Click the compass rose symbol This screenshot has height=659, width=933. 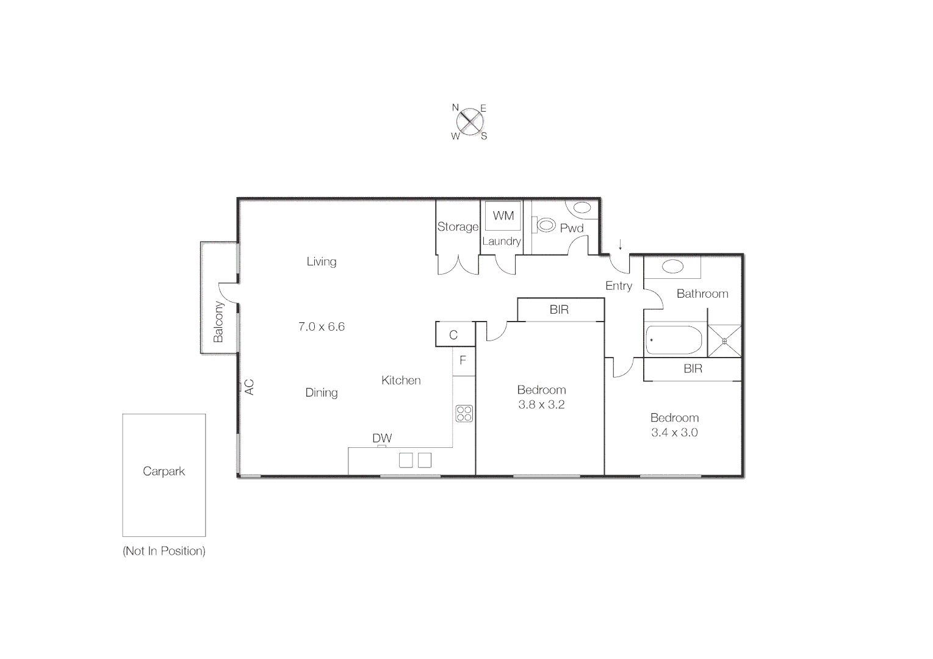469,122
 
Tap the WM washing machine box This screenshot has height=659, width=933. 503,215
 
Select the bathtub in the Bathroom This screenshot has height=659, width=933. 674,340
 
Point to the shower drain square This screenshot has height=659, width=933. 724,341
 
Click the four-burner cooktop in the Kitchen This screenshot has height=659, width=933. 464,413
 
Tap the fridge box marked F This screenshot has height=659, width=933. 463,361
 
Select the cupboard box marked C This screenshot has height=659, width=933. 453,334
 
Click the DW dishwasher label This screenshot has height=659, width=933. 382,438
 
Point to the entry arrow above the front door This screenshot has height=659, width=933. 621,245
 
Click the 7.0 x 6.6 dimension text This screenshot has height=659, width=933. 322,326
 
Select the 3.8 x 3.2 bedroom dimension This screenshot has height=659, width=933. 541,405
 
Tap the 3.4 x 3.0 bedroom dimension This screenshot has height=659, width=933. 674,433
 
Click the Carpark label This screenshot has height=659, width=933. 164,471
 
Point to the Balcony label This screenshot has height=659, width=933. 218,322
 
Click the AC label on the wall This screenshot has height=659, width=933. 249,387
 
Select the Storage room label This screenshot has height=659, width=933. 458,226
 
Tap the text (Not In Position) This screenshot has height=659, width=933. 164,551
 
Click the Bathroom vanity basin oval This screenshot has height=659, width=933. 672,267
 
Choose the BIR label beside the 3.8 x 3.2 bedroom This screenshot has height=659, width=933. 559,309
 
